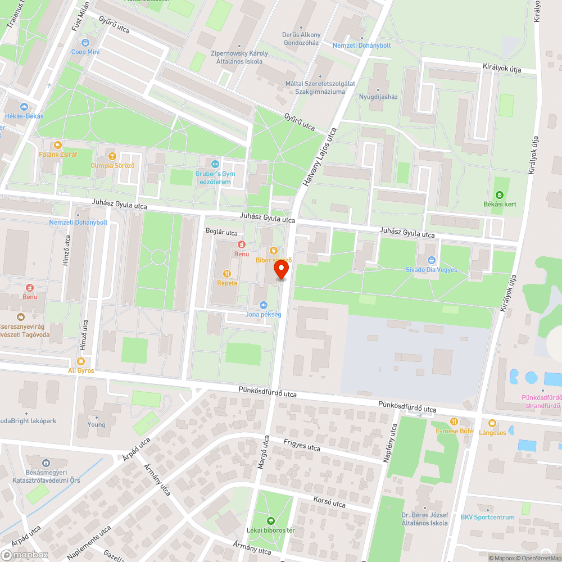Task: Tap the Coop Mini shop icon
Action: tap(85, 43)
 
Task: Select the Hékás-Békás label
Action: tap(24, 116)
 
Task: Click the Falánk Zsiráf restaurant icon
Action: tap(58, 145)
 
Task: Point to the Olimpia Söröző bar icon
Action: tap(112, 156)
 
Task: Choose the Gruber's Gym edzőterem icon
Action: tap(215, 164)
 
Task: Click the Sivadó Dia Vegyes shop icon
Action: tap(432, 260)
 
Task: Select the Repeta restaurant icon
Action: tap(227, 274)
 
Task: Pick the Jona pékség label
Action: tap(263, 314)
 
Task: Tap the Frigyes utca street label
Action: tap(302, 445)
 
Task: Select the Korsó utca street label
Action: tap(329, 502)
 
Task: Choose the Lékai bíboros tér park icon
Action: tap(271, 520)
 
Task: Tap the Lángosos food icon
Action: tap(492, 423)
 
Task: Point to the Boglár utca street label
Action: tap(221, 232)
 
